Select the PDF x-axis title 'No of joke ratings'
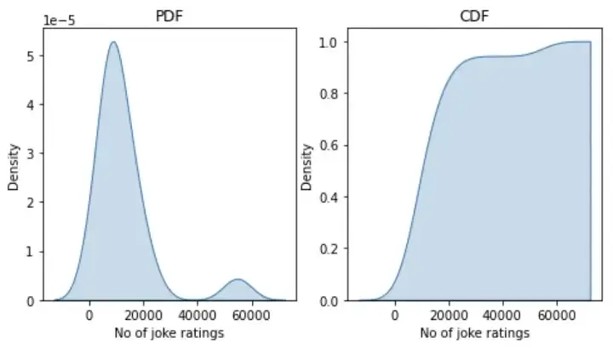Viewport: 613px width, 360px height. click(169, 333)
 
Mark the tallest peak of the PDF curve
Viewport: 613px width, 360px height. click(112, 43)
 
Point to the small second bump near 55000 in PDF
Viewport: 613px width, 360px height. click(238, 280)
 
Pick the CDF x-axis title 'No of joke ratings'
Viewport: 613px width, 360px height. click(474, 333)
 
